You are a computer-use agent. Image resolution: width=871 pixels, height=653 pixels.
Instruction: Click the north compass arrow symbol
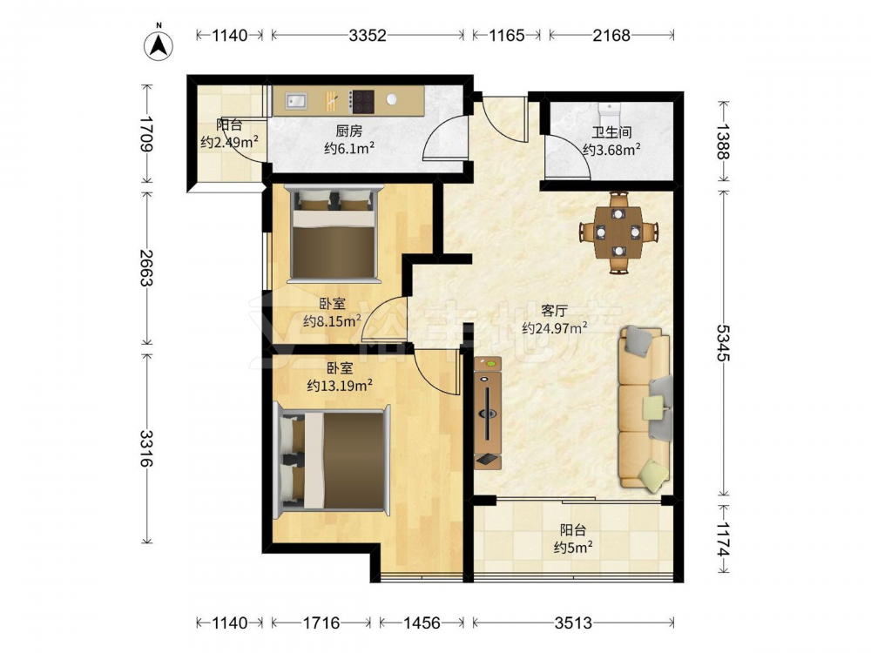click(x=159, y=44)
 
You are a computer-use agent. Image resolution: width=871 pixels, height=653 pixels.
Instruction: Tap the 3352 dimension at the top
click(x=368, y=36)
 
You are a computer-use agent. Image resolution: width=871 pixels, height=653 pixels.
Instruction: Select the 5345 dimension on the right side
click(x=723, y=342)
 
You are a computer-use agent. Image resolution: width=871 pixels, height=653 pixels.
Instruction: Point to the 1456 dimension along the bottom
click(x=422, y=623)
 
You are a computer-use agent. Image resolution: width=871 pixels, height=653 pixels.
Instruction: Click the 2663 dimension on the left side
click(x=146, y=267)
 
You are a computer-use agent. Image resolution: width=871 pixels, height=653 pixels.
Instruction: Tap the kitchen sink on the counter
click(x=296, y=100)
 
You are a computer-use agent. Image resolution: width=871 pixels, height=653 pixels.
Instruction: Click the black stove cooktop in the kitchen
click(x=362, y=101)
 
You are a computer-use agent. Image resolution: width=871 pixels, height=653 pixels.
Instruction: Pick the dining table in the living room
click(x=618, y=232)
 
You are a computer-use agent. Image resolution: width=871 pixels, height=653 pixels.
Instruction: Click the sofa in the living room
click(x=645, y=408)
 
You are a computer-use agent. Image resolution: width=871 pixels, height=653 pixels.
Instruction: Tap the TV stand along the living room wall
click(x=488, y=413)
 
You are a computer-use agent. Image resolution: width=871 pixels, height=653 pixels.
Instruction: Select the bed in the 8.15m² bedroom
click(x=335, y=232)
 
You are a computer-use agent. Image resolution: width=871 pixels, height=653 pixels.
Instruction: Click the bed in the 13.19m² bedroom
click(x=332, y=460)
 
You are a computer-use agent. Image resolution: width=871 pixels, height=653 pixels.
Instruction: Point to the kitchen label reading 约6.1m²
click(x=349, y=148)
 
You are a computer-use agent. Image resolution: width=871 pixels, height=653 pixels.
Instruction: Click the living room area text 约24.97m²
click(x=554, y=329)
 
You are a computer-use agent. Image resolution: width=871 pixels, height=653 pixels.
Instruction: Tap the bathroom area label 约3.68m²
click(x=611, y=150)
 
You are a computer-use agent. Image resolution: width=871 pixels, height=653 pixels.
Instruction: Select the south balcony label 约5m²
click(x=573, y=548)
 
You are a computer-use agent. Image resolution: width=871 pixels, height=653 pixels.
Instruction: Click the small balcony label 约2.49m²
click(x=229, y=142)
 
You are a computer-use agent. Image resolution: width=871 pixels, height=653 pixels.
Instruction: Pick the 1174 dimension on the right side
click(x=723, y=539)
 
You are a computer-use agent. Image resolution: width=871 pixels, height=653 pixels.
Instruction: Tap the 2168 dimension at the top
click(x=611, y=36)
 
